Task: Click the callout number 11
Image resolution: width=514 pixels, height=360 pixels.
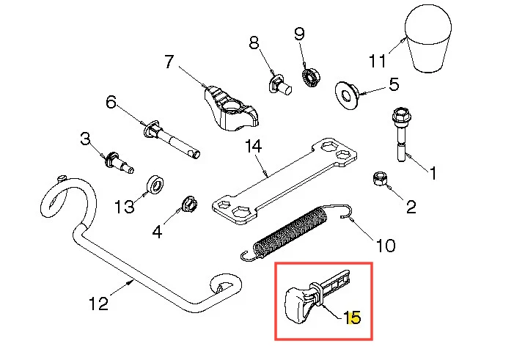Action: [x=378, y=61]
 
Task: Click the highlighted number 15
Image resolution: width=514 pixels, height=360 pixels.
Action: [x=352, y=317]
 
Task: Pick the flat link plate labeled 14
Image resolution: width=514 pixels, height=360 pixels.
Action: [x=284, y=181]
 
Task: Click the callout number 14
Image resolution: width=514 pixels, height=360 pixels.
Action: [x=254, y=146]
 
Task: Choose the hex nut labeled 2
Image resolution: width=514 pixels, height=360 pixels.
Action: [x=379, y=178]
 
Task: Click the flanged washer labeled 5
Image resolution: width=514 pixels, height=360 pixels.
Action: [x=347, y=95]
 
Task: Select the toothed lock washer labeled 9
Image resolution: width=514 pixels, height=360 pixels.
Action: [x=311, y=78]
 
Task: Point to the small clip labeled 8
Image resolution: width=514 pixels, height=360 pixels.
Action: [x=279, y=84]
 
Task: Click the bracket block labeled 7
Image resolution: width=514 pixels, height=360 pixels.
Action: [x=231, y=109]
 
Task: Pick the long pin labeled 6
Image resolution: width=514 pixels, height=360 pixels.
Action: [x=172, y=139]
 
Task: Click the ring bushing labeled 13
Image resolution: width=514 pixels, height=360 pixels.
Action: [x=155, y=185]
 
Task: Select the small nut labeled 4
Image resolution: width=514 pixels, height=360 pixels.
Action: [x=189, y=204]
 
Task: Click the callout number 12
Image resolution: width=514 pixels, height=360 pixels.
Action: [x=99, y=304]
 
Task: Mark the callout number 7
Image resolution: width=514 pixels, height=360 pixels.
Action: [x=169, y=62]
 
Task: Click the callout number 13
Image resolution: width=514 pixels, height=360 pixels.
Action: [x=125, y=207]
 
